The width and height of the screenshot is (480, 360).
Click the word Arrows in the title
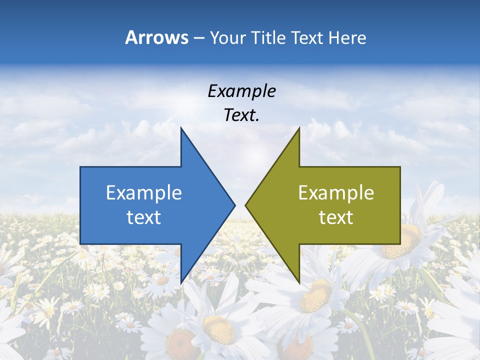point(157,37)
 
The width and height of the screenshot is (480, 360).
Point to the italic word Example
point(241,91)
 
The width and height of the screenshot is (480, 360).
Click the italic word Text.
point(241,115)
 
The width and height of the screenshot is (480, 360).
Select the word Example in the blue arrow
point(144,193)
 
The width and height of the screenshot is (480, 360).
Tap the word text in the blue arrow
point(144,217)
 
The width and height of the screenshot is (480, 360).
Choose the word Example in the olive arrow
point(336,193)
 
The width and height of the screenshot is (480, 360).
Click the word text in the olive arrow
point(336,217)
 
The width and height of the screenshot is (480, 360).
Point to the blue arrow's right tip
point(235,205)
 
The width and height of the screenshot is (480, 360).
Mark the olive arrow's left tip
point(245,205)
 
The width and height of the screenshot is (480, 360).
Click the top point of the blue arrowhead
point(181,127)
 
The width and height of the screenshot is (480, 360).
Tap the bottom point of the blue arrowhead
point(181,283)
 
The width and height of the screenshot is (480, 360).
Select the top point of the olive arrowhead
point(299,127)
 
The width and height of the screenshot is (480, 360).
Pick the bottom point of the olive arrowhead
point(299,283)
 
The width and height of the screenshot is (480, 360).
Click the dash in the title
point(198,38)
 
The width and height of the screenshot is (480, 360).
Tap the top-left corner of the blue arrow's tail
point(80,167)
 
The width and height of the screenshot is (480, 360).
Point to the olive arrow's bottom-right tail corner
point(400,244)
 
